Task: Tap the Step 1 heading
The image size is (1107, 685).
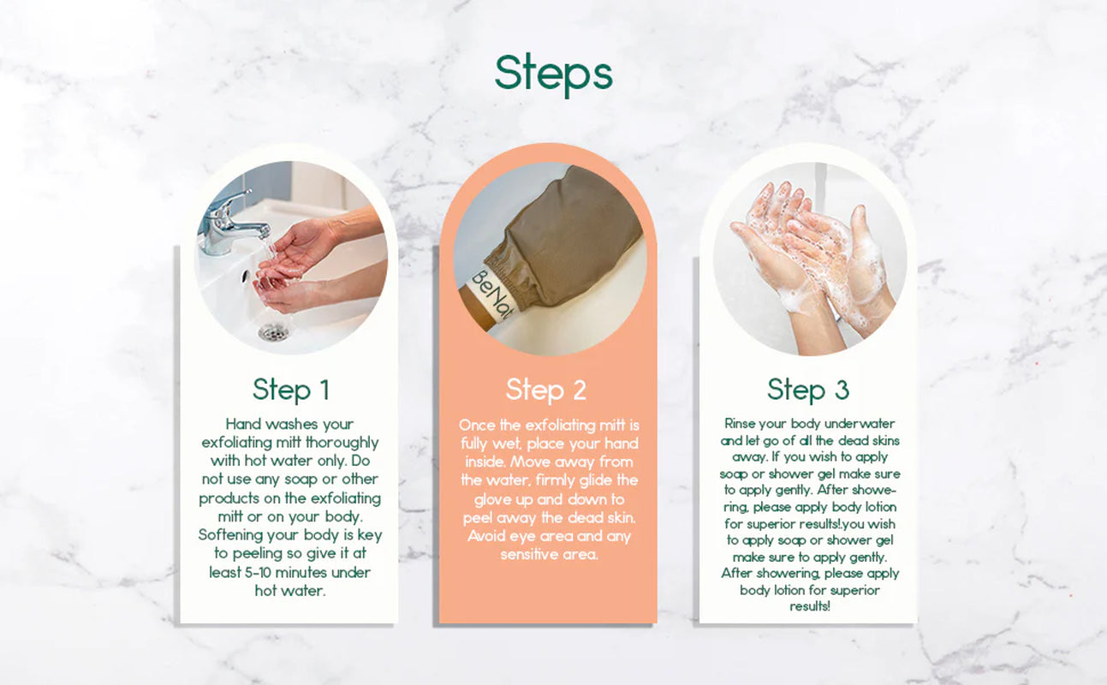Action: tap(290, 390)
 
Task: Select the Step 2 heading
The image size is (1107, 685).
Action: tap(546, 390)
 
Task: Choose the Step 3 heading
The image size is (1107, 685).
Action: tap(807, 390)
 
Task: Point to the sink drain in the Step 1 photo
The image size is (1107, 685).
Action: tap(272, 331)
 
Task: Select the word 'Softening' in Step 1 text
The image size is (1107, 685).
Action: tap(231, 534)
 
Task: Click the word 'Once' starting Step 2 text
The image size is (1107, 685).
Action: tap(478, 425)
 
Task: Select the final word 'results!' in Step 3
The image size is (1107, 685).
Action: tap(809, 606)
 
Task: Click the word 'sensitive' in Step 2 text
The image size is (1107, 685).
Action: tap(528, 554)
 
